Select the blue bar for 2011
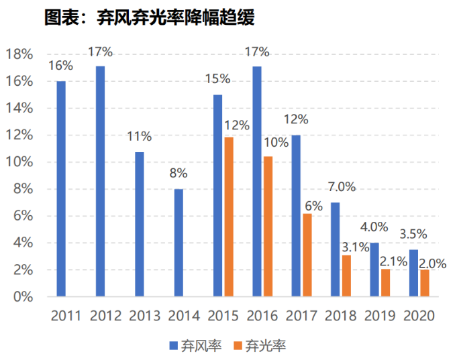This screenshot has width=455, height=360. pos(61,188)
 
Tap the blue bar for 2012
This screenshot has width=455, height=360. pos(100,181)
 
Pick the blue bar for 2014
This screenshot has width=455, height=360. pos(179,242)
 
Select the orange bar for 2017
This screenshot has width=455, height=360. pos(307,255)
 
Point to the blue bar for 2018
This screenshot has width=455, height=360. pos(335,249)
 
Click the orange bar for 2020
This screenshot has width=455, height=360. pos(424,282)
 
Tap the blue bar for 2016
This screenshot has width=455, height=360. pos(257,181)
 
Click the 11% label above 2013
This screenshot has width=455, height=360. pos(140,137)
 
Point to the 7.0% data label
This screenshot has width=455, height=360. pos(342,187)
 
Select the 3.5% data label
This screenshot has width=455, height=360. pos(413,235)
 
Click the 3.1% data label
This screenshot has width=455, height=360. pos(356,247)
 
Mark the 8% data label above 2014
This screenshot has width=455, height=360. pos(179,174)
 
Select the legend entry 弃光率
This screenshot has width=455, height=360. pos(260,346)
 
